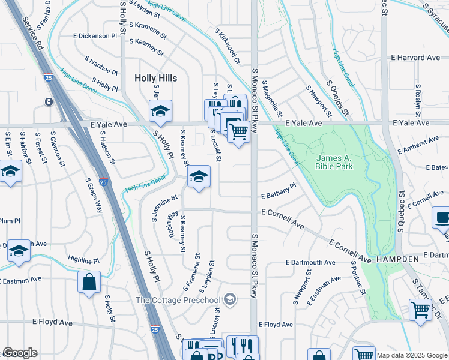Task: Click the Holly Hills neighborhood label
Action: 155,78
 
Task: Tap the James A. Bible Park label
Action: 334,162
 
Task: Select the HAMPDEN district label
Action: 397,258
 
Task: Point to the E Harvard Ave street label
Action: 415,58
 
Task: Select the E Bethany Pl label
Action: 279,191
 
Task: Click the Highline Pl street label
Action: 83,260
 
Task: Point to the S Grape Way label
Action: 94,195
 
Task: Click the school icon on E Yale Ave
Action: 160,111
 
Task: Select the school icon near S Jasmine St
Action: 199,176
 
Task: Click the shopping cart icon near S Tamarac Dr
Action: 420,310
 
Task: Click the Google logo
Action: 20,353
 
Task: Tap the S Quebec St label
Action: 401,212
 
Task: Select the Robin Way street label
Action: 172,223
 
